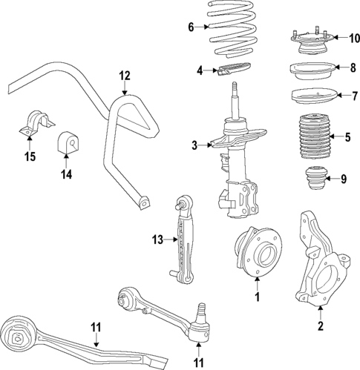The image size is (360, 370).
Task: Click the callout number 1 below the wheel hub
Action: (x=257, y=297)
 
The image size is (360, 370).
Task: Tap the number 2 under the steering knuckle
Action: (x=320, y=326)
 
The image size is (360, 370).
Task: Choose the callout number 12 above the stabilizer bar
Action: (x=124, y=75)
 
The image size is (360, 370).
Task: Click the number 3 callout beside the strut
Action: (x=194, y=145)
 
